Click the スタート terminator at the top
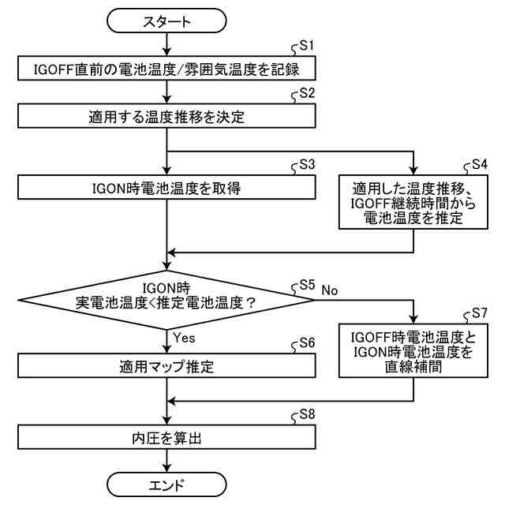(166, 21)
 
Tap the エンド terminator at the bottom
(166, 484)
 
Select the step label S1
(306, 46)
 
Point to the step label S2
(307, 93)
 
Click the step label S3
(307, 165)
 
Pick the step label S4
(480, 165)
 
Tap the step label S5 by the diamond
(307, 285)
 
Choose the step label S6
(307, 343)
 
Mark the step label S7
(480, 313)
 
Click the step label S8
(307, 414)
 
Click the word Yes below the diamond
(184, 338)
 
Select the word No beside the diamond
(330, 290)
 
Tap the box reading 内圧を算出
(166, 437)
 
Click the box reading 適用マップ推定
(166, 365)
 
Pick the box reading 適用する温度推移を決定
(166, 116)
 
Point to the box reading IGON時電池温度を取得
(166, 187)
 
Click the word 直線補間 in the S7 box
(413, 366)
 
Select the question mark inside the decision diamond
(250, 303)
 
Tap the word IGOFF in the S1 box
(54, 69)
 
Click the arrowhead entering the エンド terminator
(166, 468)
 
